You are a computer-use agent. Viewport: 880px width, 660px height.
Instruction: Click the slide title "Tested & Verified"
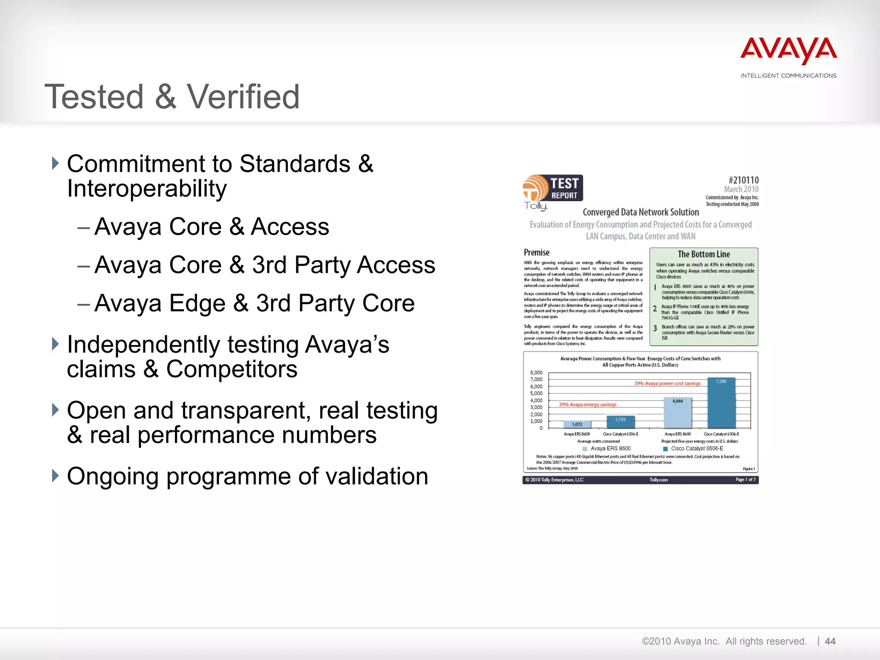pyautogui.click(x=172, y=97)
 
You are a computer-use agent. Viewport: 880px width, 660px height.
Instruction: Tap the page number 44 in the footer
pyautogui.click(x=830, y=642)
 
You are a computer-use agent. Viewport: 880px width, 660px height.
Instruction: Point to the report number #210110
pyautogui.click(x=743, y=180)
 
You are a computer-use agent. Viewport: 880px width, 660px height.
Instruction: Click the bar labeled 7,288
pyautogui.click(x=721, y=404)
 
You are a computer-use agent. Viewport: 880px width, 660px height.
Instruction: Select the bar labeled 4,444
pyautogui.click(x=678, y=413)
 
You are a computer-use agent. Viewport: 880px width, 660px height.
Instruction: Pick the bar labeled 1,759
pyautogui.click(x=620, y=422)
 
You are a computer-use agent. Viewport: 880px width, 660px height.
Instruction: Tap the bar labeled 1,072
pyautogui.click(x=577, y=425)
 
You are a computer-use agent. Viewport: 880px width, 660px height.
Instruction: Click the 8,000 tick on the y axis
pyautogui.click(x=536, y=373)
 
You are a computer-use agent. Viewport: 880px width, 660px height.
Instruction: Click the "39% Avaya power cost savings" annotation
pyautogui.click(x=667, y=383)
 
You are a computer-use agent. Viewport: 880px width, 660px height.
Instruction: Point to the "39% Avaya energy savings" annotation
pyautogui.click(x=587, y=404)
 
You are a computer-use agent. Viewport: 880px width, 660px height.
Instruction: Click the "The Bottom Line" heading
pyautogui.click(x=704, y=254)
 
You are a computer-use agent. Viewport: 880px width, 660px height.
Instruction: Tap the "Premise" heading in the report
pyautogui.click(x=536, y=253)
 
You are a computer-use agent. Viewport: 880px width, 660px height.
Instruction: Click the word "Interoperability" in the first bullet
pyautogui.click(x=147, y=189)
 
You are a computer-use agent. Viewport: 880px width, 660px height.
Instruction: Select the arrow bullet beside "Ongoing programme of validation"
pyautogui.click(x=55, y=476)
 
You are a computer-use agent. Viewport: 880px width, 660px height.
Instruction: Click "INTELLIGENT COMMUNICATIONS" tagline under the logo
pyautogui.click(x=788, y=76)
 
